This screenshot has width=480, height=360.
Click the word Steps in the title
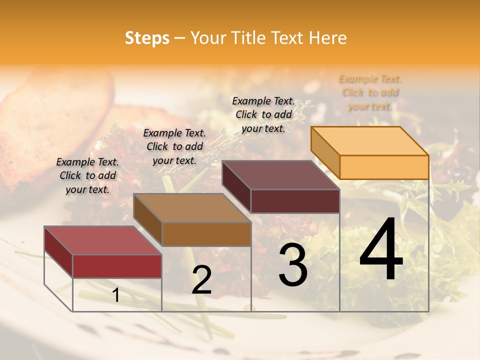pyautogui.click(x=147, y=38)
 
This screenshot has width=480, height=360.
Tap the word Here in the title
pyautogui.click(x=327, y=38)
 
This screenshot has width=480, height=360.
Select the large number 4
pyautogui.click(x=381, y=249)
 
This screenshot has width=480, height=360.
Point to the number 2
pyautogui.click(x=201, y=280)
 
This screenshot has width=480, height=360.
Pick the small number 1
pyautogui.click(x=115, y=295)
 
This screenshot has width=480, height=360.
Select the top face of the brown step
pyautogui.click(x=192, y=208)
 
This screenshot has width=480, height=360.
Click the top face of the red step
pyautogui.click(x=103, y=240)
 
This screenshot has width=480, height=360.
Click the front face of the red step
pyautogui.click(x=117, y=266)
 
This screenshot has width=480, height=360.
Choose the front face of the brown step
pyautogui.click(x=206, y=234)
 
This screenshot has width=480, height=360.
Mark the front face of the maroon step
pyautogui.click(x=295, y=201)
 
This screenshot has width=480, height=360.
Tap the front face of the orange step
pyautogui.click(x=384, y=167)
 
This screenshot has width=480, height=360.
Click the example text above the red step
pyautogui.click(x=87, y=175)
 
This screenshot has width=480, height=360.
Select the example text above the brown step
pyautogui.click(x=174, y=146)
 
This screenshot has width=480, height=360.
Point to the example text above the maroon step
pyautogui.click(x=263, y=114)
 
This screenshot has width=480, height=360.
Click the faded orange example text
pyautogui.click(x=369, y=92)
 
